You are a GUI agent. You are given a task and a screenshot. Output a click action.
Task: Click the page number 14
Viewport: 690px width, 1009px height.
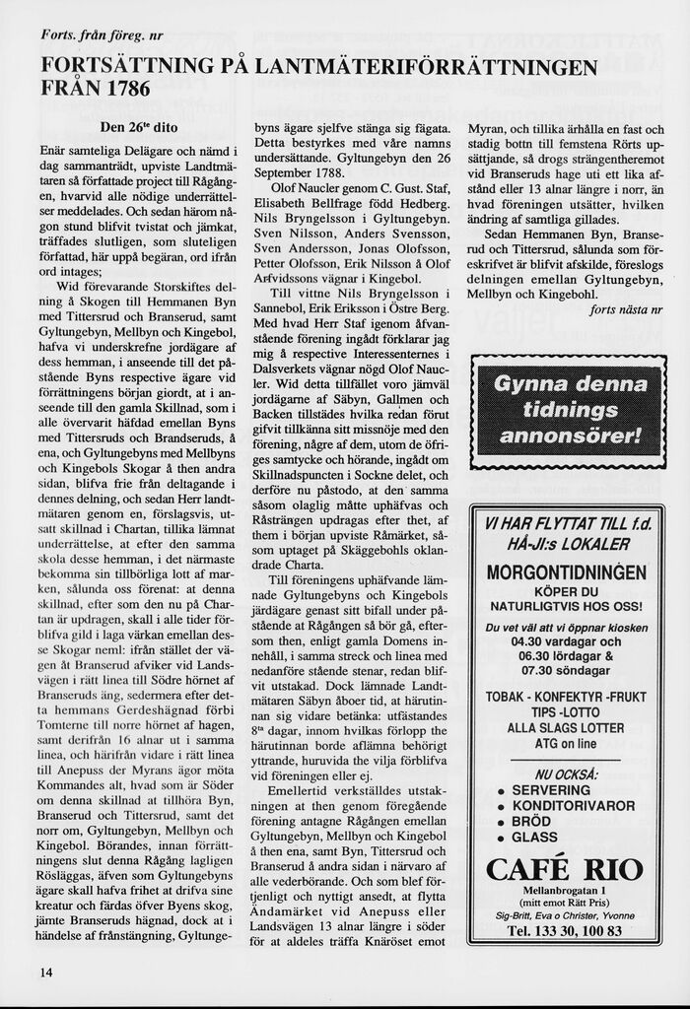46,973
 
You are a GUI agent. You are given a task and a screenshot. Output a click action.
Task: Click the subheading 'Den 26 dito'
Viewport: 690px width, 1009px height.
139,127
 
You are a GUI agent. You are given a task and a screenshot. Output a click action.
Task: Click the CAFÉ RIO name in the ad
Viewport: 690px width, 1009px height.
565,869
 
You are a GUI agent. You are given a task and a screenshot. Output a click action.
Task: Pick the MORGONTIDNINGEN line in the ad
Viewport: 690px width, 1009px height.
566,572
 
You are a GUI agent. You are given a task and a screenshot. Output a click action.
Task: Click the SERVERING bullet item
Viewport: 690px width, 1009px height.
550,789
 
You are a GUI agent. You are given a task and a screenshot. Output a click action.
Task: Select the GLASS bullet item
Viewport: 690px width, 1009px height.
534,837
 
